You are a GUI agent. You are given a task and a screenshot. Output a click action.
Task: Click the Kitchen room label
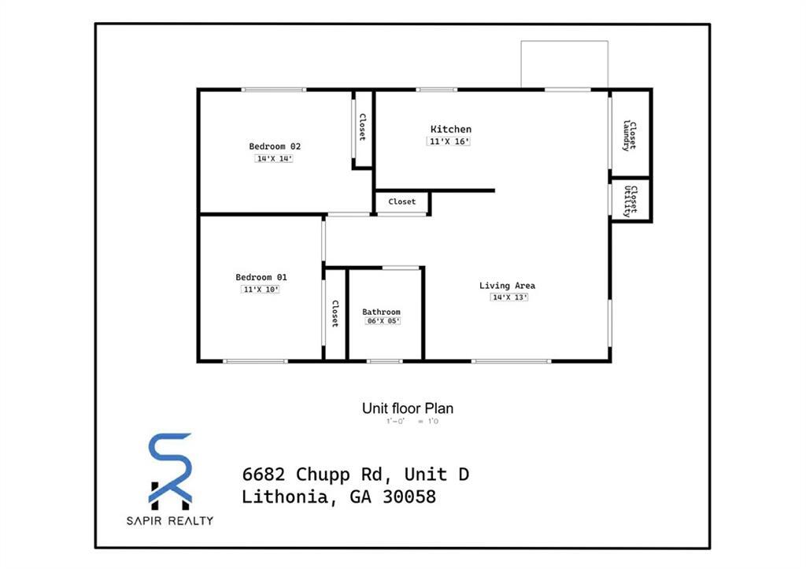tap(450, 129)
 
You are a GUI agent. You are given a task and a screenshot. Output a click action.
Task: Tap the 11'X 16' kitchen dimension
tap(449, 142)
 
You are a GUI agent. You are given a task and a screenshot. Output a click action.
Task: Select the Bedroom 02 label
tap(275, 146)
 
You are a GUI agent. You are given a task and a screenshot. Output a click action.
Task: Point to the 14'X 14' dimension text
tap(274, 159)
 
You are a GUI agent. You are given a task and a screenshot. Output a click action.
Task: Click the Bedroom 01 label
tap(261, 277)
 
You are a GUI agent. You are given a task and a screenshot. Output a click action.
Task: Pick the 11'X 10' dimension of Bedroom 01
tap(261, 290)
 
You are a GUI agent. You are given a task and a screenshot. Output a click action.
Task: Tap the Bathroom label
tap(381, 312)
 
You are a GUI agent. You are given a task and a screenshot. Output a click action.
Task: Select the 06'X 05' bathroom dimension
tap(383, 321)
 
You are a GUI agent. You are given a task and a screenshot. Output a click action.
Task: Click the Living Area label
tap(507, 285)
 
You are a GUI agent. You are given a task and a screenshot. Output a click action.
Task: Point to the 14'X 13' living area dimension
tap(509, 297)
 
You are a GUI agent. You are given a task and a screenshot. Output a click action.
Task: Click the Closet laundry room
tap(630, 135)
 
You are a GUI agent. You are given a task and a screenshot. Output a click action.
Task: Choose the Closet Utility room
tap(630, 201)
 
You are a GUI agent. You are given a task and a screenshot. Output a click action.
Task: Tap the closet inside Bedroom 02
tap(362, 128)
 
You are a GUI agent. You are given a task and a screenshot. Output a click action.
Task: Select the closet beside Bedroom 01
tap(335, 314)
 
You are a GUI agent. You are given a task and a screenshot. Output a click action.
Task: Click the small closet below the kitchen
tap(401, 202)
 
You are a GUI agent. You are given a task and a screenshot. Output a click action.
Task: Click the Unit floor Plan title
tap(407, 408)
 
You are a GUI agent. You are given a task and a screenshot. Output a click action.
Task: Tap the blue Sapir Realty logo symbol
tap(170, 469)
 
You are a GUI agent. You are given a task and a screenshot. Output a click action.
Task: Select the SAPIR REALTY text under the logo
tap(170, 520)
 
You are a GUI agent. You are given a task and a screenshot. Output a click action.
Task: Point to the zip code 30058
tap(409, 497)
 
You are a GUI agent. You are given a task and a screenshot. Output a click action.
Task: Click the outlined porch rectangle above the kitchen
tap(564, 64)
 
